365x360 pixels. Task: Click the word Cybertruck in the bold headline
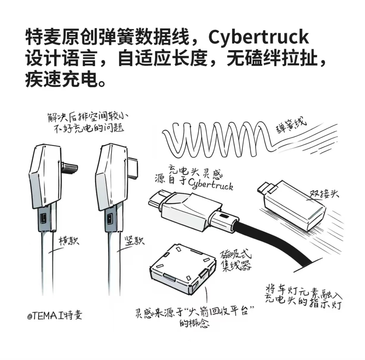258,37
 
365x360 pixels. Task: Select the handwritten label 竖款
134,241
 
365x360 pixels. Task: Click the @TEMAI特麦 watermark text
54,315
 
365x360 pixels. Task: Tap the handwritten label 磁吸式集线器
236,260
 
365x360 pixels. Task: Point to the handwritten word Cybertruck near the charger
210,184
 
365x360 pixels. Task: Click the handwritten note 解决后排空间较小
89,117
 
